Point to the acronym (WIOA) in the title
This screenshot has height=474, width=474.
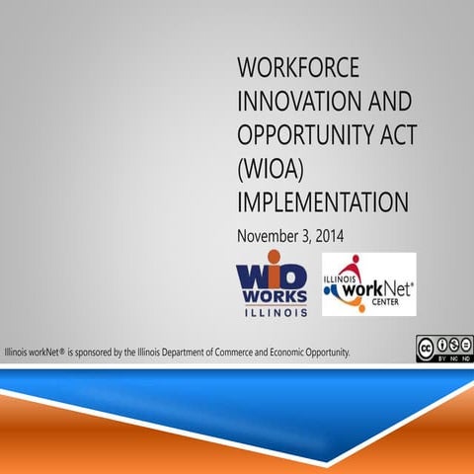click(268, 169)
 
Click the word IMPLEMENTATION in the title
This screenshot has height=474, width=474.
click(322, 202)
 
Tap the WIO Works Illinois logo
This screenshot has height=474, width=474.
click(272, 286)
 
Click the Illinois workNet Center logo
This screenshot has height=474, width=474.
click(368, 283)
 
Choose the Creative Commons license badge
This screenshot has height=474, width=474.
click(443, 349)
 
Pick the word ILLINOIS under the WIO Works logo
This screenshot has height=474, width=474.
click(272, 311)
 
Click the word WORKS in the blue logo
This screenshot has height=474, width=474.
click(272, 296)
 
